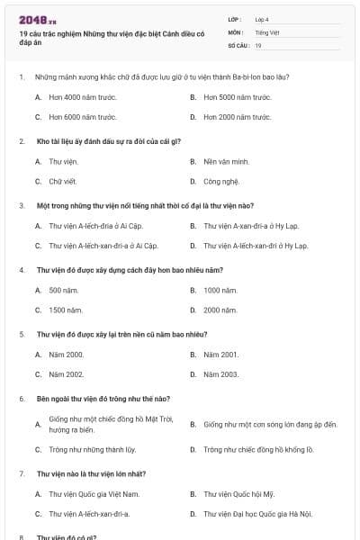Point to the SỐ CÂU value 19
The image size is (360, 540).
click(258, 45)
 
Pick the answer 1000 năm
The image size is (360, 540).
click(220, 291)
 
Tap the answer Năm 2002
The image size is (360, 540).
click(67, 373)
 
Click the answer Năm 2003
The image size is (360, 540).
click(221, 373)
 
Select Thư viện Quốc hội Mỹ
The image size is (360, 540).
click(238, 494)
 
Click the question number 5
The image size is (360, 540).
click(21, 334)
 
